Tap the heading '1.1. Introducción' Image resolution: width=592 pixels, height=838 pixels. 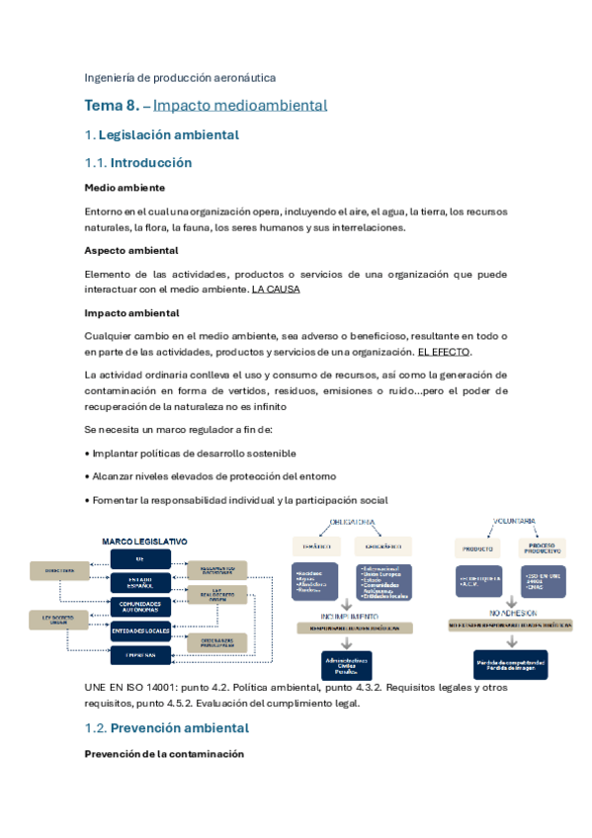pyautogui.click(x=138, y=163)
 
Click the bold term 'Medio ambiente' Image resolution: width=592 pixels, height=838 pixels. pyautogui.click(x=125, y=188)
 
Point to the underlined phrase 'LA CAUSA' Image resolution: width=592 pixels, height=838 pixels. pyautogui.click(x=276, y=290)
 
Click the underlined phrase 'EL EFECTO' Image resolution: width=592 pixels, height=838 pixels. pyautogui.click(x=444, y=352)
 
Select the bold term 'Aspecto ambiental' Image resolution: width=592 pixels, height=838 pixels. pyautogui.click(x=131, y=250)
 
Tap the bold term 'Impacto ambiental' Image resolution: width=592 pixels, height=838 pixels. pyautogui.click(x=131, y=313)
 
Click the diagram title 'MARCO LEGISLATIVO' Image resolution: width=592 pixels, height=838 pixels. pyautogui.click(x=144, y=542)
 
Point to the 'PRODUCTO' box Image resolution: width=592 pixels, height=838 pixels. pyautogui.click(x=478, y=546)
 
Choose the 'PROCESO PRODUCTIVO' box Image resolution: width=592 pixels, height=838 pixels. pyautogui.click(x=542, y=546)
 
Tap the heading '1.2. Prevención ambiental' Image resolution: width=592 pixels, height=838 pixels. pyautogui.click(x=166, y=728)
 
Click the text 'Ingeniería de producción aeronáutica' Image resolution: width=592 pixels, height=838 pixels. pyautogui.click(x=180, y=76)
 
